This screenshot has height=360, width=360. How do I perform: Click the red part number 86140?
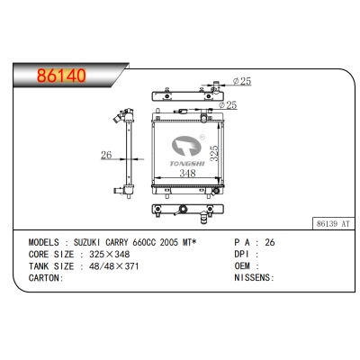[60, 76]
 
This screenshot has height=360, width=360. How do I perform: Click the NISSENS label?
[256, 278]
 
